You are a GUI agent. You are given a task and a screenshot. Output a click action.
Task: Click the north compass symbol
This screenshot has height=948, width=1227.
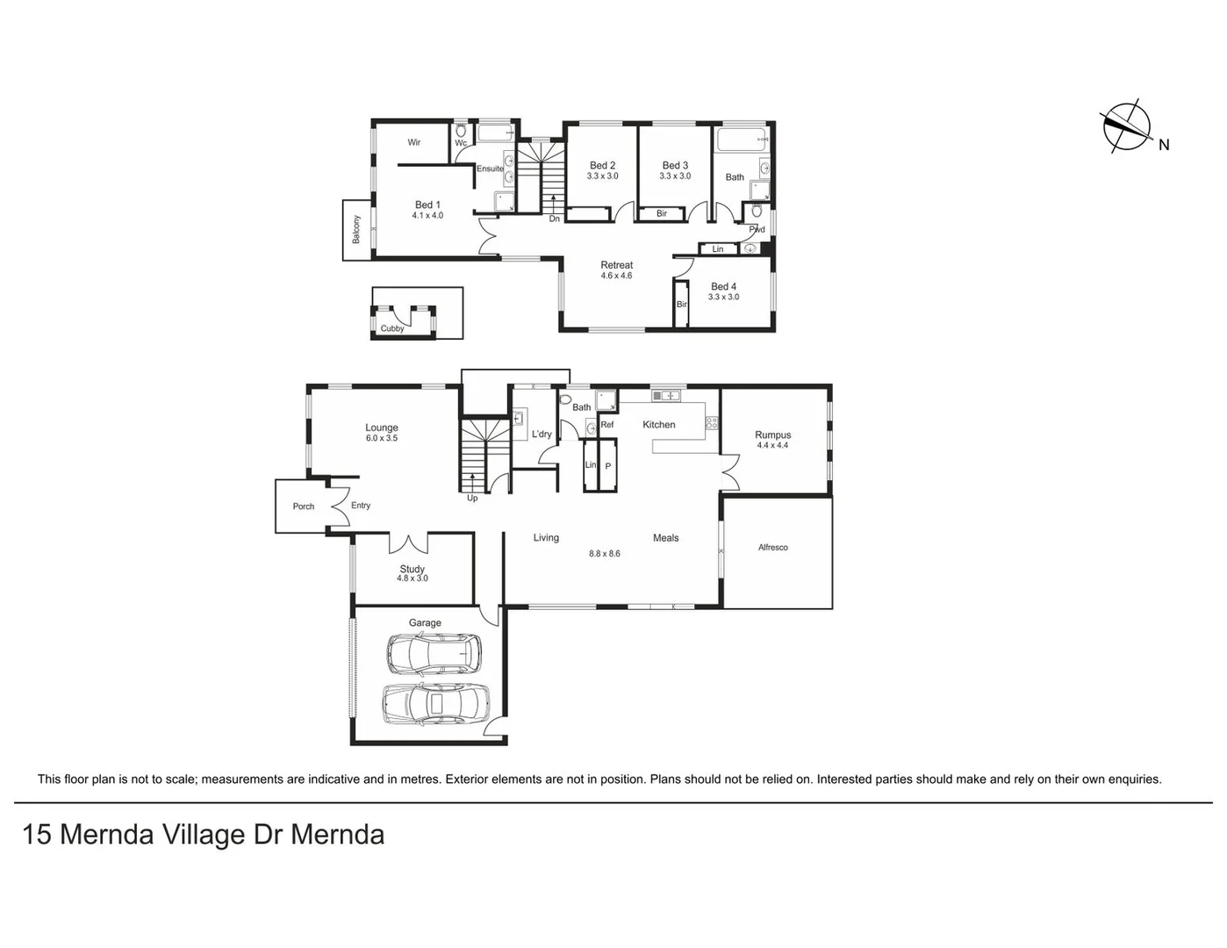pyautogui.click(x=1127, y=128)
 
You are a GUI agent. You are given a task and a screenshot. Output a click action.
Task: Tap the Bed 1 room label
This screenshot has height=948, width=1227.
pyautogui.click(x=427, y=205)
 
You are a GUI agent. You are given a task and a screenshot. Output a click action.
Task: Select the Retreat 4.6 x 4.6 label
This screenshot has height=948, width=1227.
pyautogui.click(x=616, y=270)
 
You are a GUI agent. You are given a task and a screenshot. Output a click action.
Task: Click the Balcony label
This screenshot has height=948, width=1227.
pyautogui.click(x=356, y=230)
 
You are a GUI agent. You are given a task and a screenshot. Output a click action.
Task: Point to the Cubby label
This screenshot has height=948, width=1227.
pyautogui.click(x=392, y=329)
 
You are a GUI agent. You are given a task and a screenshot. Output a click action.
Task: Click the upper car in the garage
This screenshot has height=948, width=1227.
pyautogui.click(x=434, y=653)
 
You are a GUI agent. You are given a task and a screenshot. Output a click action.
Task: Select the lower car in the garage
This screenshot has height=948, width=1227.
pyautogui.click(x=434, y=703)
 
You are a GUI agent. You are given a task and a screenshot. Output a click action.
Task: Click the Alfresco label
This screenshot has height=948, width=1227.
pyautogui.click(x=772, y=548)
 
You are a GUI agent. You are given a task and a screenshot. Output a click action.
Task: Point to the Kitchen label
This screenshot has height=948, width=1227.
pyautogui.click(x=658, y=425)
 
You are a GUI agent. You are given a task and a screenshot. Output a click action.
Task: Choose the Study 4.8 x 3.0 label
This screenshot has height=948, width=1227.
pyautogui.click(x=412, y=574)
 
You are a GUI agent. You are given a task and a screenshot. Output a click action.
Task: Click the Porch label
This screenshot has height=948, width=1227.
pyautogui.click(x=304, y=506)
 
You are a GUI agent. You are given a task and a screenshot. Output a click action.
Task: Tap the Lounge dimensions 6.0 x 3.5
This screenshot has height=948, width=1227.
pyautogui.click(x=382, y=438)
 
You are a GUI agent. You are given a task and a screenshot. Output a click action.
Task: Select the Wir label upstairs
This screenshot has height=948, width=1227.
pyautogui.click(x=414, y=142)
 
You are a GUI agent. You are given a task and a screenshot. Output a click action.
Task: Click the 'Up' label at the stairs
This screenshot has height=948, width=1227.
pyautogui.click(x=472, y=499)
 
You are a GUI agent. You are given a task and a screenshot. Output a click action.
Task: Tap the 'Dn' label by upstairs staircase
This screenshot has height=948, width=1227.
pyautogui.click(x=554, y=219)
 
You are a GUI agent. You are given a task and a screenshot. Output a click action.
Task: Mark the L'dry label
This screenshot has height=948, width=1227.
pyautogui.click(x=542, y=434)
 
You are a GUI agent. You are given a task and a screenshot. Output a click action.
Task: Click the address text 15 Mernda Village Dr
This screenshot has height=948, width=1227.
pyautogui.click(x=203, y=834)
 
